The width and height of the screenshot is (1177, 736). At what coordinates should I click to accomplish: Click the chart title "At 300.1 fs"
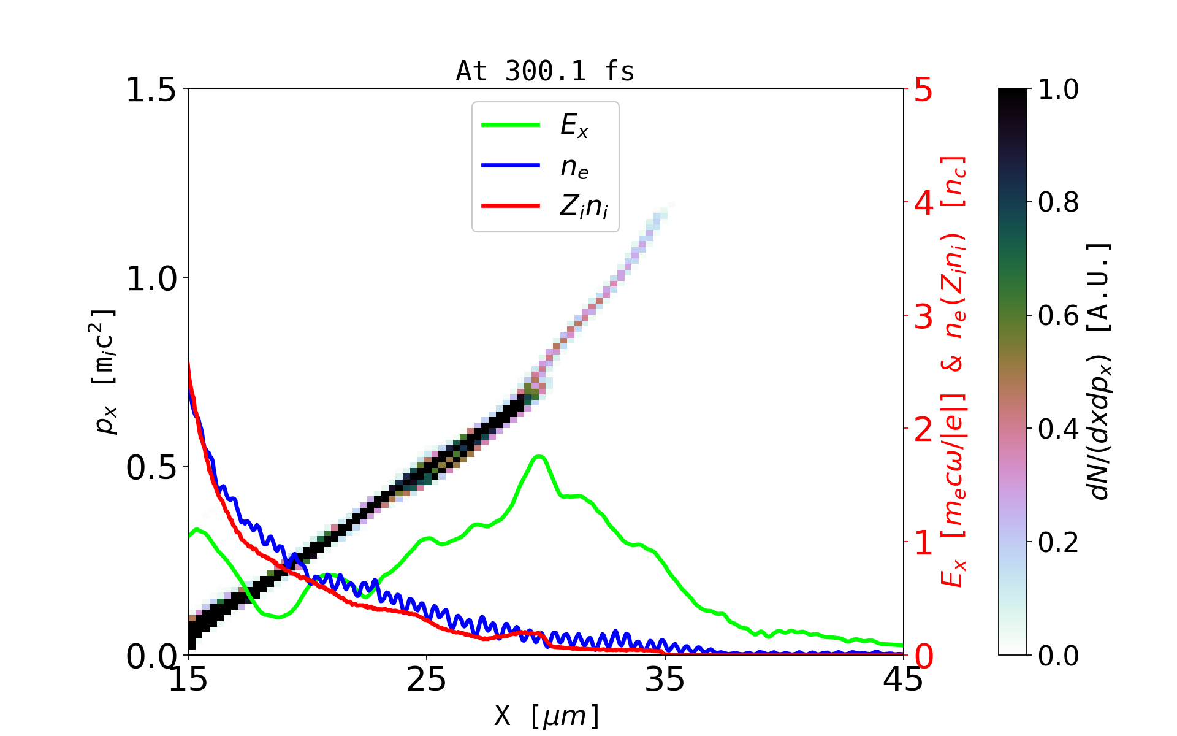[545, 71]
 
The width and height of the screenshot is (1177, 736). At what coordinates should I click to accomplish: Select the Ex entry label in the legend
[574, 126]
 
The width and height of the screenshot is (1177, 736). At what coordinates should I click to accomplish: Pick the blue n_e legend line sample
[511, 165]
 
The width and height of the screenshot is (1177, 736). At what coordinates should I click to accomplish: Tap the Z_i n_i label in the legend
[584, 207]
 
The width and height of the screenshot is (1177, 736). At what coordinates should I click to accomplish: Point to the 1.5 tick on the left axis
[151, 90]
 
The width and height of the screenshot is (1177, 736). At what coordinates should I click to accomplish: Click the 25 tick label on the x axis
[426, 680]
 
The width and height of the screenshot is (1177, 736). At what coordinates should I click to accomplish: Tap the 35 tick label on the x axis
[665, 680]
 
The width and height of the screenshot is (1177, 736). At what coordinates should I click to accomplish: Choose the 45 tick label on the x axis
[903, 680]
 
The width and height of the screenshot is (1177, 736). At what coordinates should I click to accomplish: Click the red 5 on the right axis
[924, 90]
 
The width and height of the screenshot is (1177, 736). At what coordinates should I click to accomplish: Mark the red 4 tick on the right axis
[924, 202]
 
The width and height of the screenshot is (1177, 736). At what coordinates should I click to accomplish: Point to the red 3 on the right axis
[924, 316]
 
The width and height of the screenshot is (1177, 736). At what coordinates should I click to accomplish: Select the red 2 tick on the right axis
[924, 429]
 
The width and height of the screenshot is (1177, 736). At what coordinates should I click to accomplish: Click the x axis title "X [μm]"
[547, 715]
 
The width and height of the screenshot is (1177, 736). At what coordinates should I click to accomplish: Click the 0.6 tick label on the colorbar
[1058, 316]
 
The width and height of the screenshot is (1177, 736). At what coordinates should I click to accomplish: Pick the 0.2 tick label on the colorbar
[1058, 542]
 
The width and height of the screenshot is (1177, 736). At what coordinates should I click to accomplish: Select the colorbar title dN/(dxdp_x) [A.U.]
[1100, 371]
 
